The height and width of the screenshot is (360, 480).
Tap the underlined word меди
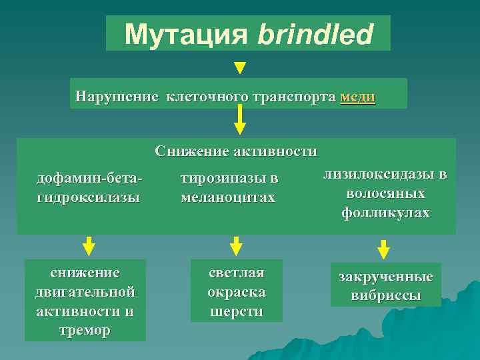(357, 97)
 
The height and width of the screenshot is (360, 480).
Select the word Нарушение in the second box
(117, 97)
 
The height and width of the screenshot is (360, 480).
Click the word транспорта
(293, 97)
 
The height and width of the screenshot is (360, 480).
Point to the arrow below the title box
(240, 67)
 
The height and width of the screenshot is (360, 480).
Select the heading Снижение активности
(236, 151)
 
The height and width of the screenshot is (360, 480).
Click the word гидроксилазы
(88, 197)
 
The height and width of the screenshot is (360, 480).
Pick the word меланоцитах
(227, 197)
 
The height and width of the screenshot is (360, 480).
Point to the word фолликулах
(385, 213)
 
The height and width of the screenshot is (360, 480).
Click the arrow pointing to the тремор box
(89, 246)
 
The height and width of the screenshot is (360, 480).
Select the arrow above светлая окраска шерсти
(235, 246)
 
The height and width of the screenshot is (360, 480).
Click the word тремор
(85, 330)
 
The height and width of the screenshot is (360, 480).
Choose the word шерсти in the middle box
(236, 311)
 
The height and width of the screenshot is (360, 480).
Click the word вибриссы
(385, 295)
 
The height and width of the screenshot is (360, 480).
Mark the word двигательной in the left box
(85, 291)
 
